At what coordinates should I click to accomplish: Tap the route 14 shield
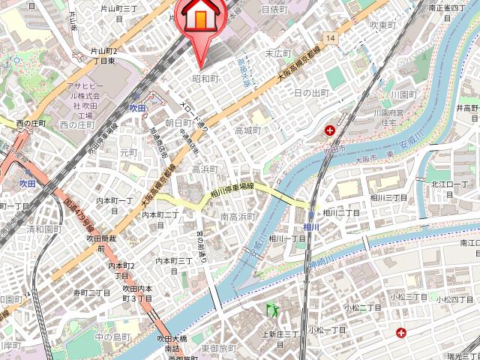tap(330, 37)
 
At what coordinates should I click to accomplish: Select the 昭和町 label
tap(205, 79)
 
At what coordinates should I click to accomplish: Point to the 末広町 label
tap(277, 54)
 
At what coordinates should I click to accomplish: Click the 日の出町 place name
tap(311, 92)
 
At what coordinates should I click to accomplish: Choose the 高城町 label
tap(247, 130)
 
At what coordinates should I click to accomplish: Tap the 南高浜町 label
tap(239, 217)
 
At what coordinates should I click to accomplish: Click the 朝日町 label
tap(178, 122)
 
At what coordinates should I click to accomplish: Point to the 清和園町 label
tap(43, 229)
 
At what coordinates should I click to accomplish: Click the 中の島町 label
tap(113, 336)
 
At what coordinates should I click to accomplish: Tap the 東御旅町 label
tap(218, 349)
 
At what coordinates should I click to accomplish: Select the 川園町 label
tap(403, 95)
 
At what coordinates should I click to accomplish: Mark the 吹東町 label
tap(382, 25)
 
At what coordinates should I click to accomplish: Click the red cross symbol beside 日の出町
tap(330, 131)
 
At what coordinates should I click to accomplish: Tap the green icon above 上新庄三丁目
tap(271, 309)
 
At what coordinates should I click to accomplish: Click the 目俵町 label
tap(274, 10)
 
